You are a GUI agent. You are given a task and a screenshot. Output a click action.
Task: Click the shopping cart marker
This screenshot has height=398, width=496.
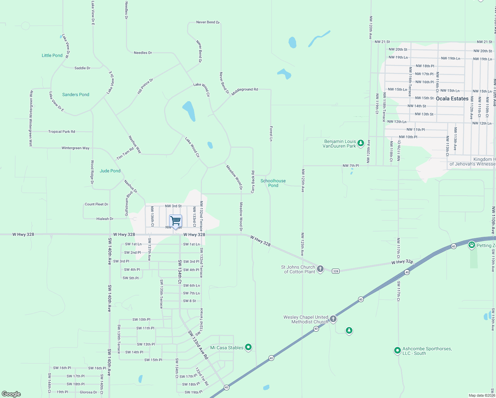[175, 221]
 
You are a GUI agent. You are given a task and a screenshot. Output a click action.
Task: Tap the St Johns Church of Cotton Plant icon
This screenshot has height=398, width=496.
[320, 269]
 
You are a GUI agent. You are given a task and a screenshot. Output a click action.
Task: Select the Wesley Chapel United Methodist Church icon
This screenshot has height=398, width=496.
[333, 319]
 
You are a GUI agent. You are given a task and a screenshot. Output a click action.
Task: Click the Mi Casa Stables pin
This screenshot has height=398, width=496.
[248, 347]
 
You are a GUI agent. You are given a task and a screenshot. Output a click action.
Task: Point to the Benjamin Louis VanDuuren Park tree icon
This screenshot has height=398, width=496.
[361, 143]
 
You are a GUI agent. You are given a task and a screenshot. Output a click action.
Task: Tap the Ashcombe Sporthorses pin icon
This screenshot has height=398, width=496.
[397, 350]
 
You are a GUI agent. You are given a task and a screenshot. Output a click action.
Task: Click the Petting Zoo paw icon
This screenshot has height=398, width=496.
[471, 245]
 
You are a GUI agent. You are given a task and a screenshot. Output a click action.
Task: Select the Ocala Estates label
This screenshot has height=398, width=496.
[452, 99]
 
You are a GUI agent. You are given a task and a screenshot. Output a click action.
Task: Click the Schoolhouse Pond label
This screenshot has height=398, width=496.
[273, 183]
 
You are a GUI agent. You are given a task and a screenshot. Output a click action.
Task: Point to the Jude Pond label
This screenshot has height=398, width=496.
[110, 171]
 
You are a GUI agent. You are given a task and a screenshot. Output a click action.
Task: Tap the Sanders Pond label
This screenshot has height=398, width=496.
[76, 95]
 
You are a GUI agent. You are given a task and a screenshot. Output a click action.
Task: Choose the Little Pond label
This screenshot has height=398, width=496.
[52, 55]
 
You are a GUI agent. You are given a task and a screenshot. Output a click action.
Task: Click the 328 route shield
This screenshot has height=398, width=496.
[336, 271]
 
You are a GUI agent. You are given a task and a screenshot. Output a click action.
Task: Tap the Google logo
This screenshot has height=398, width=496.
[11, 394]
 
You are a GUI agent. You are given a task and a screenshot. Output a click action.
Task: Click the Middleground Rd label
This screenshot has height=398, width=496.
[245, 91]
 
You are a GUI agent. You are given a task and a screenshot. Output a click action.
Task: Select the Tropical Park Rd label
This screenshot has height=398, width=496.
[62, 132]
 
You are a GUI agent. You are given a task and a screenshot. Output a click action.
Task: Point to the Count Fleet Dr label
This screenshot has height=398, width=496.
[96, 204]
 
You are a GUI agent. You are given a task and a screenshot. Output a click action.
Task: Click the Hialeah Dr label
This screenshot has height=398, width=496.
[105, 219]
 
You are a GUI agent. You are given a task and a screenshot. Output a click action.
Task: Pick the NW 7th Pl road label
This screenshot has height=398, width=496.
[351, 166]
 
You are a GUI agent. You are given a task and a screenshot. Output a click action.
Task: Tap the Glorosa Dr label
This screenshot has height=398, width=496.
[88, 392]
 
